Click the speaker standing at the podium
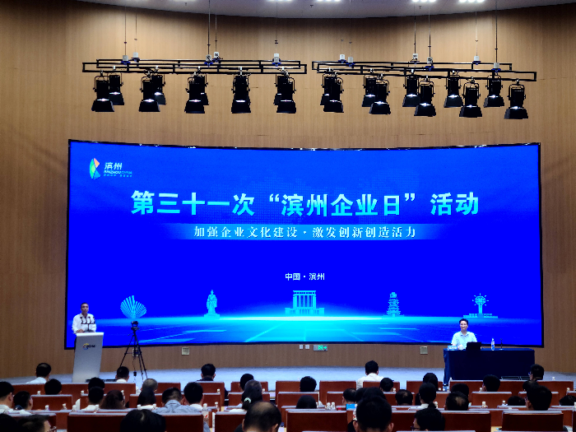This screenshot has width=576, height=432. (x=83, y=319)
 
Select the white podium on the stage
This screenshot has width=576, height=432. (x=87, y=355)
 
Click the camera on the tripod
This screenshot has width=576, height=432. (x=134, y=327)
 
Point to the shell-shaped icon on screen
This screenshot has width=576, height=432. (x=132, y=308)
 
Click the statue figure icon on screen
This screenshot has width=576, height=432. (x=211, y=303)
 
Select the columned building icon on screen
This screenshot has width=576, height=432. (x=304, y=302)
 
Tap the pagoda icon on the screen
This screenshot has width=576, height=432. (x=393, y=304)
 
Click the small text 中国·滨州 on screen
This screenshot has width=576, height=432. (x=304, y=276)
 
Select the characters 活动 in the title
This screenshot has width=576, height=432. (x=453, y=203)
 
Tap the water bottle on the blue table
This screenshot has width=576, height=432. (x=493, y=343)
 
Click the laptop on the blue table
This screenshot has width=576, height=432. (x=473, y=346)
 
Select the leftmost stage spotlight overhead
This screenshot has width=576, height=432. (x=103, y=93)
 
